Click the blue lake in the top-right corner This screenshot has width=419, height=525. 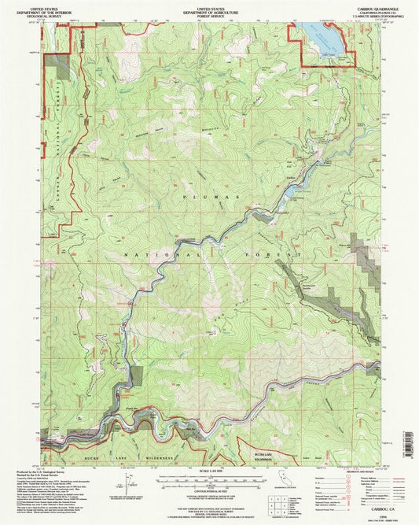point(322,36)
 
